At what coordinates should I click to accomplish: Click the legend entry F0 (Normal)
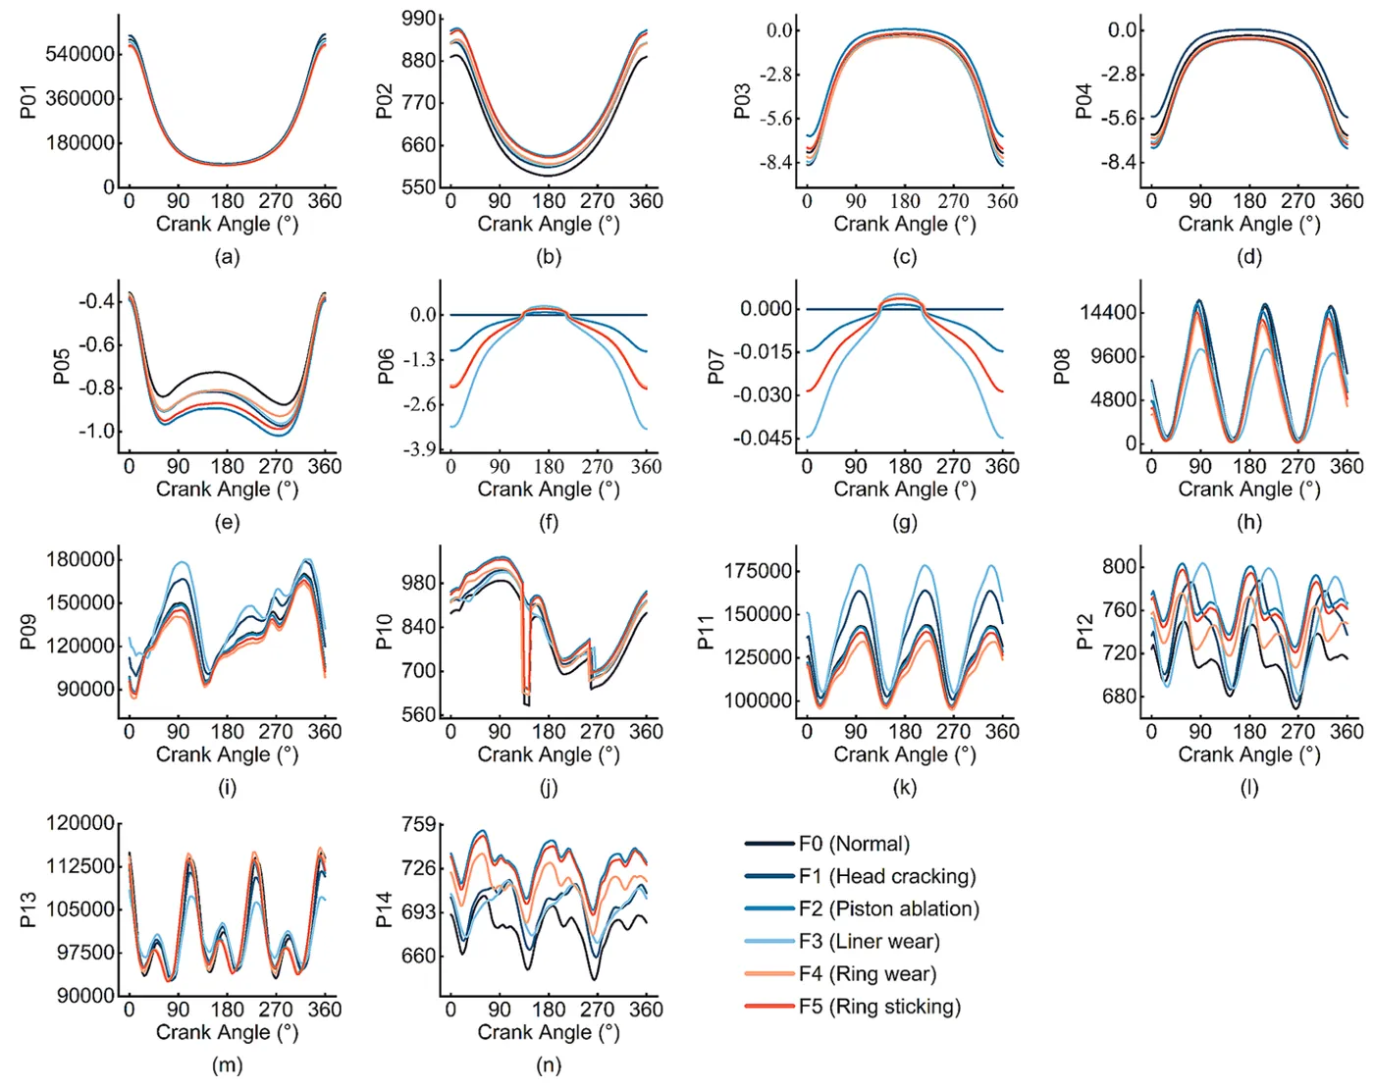(827, 844)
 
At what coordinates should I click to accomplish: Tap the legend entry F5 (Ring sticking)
(853, 1007)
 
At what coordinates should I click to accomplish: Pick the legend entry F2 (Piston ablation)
(862, 908)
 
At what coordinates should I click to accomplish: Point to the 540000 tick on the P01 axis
(79, 54)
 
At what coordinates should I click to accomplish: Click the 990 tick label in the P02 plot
(417, 19)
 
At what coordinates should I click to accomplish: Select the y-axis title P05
(62, 367)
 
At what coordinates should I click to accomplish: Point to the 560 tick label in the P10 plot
(417, 715)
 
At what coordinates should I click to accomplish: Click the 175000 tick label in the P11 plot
(758, 571)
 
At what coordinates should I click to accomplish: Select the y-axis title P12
(1084, 632)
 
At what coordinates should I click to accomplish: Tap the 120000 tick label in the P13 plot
(79, 823)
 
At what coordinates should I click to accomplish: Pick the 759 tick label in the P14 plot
(417, 824)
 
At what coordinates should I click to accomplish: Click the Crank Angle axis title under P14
(549, 1032)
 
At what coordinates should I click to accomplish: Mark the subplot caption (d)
(1248, 257)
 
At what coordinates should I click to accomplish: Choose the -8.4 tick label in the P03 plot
(775, 163)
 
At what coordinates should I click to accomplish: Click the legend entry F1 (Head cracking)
(861, 876)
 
